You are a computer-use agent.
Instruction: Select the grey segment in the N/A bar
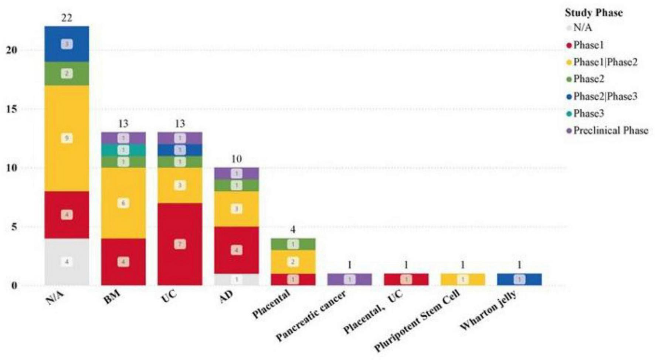pos(67,262)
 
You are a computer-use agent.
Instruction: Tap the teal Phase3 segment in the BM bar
pos(123,150)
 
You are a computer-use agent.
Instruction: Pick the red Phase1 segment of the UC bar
pos(180,244)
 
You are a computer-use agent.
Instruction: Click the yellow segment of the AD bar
pos(236,209)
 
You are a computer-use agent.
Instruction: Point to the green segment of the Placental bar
pos(293,244)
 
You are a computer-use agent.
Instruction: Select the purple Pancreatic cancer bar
pos(349,279)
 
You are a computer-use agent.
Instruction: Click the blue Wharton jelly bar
pos(519,279)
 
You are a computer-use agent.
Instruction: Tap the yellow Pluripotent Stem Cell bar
pos(462,279)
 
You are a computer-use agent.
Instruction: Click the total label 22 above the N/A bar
pos(67,18)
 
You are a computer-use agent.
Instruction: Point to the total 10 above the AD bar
pos(236,159)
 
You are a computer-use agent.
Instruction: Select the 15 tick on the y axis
pos(12,109)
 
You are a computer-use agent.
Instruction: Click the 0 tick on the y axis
pos(14,285)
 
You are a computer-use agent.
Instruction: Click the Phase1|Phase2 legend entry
pos(605,62)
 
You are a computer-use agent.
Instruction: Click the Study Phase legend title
pos(593,13)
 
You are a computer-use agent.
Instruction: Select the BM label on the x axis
pos(112,298)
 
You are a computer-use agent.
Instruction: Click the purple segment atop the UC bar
pos(180,138)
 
